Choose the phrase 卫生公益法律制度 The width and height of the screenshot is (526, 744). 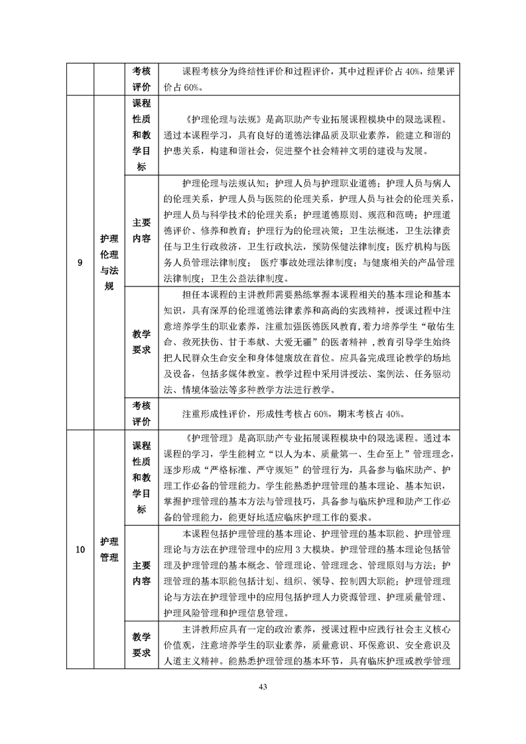tap(251, 278)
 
